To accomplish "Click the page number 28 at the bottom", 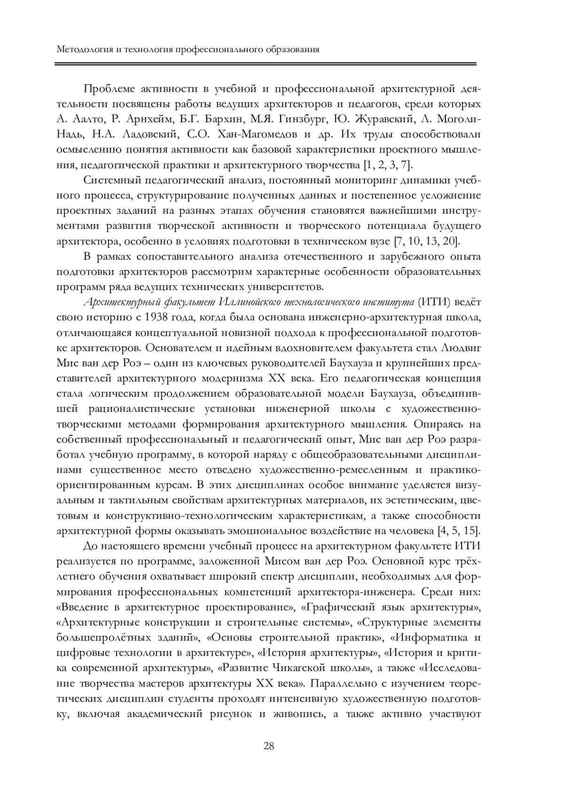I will [269, 746].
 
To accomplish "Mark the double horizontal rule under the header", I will [266, 63].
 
